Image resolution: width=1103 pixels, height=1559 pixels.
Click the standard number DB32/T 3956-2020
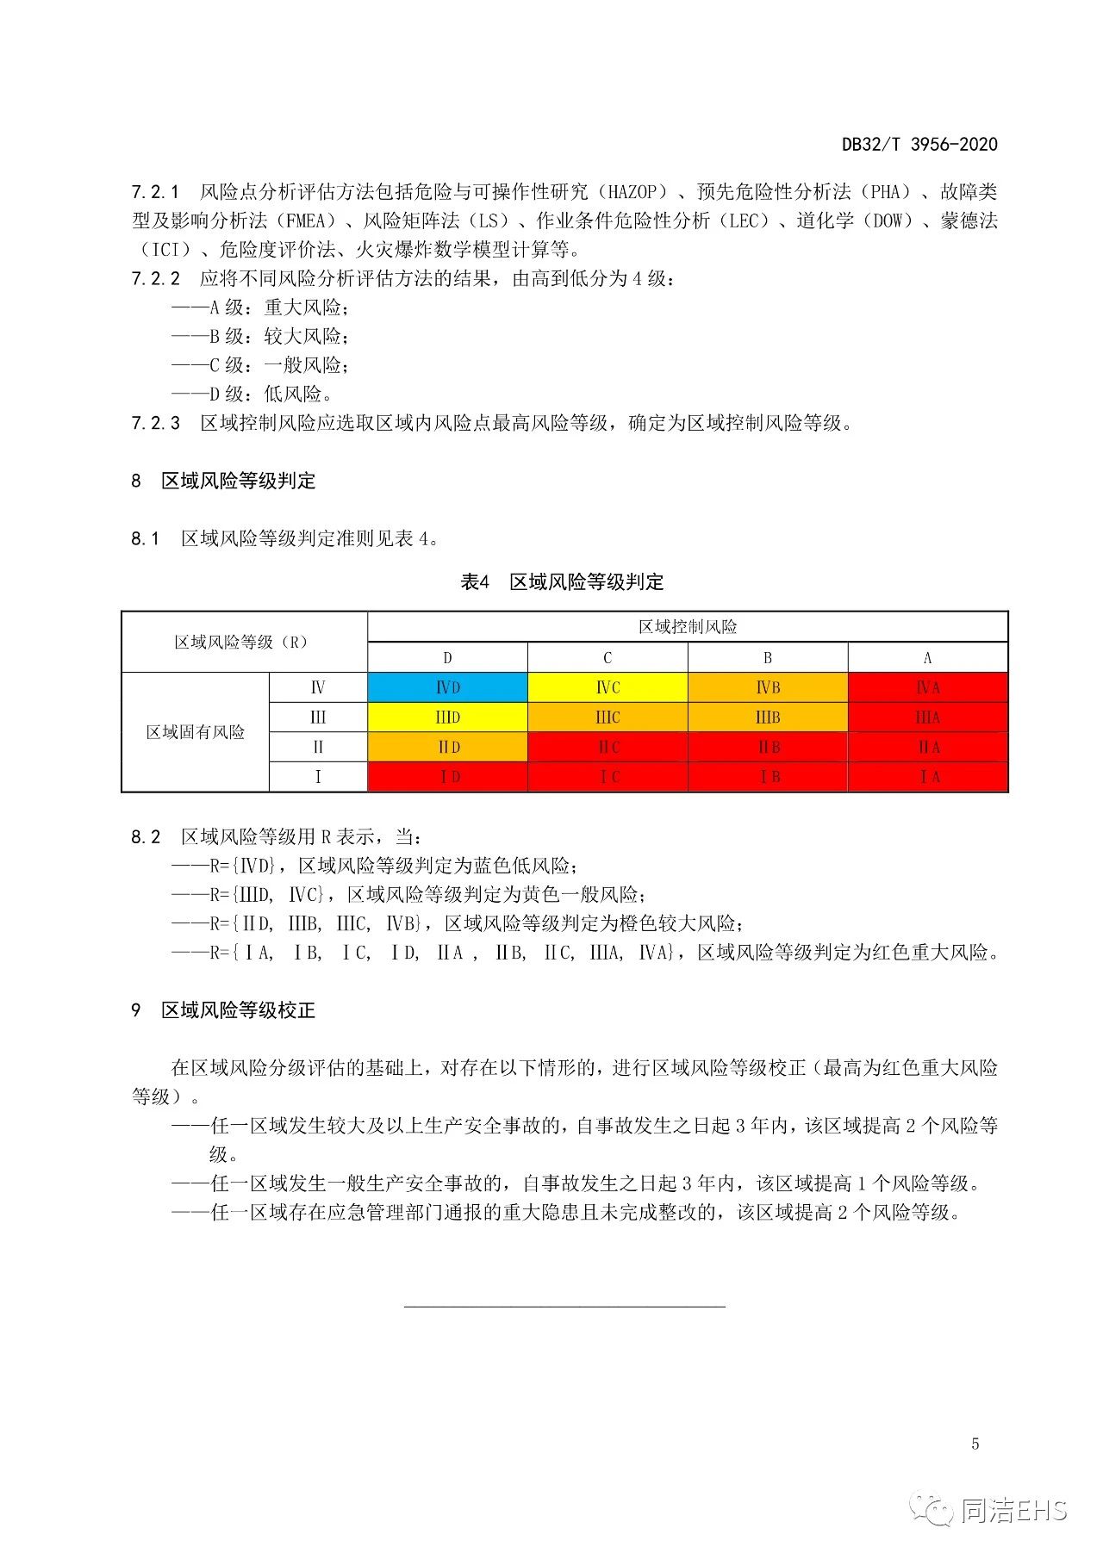coord(919,144)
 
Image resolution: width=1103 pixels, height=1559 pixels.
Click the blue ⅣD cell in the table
coord(447,687)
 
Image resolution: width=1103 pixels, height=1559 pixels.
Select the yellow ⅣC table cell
coord(608,687)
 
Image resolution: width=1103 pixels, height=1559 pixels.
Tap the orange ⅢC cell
coord(608,717)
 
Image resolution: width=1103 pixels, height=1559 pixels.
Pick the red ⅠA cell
coord(928,777)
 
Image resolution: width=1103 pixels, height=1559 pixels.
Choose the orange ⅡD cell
coord(447,748)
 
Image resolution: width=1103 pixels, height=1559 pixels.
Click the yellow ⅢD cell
coord(447,717)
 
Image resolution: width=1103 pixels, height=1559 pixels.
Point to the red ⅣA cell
coord(928,687)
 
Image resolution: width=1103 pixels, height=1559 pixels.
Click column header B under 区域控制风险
coord(768,658)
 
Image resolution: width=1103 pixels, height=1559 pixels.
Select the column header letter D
coord(447,658)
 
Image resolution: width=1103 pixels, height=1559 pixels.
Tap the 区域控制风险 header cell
coord(688,627)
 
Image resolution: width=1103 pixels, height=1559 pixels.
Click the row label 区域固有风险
coord(196,732)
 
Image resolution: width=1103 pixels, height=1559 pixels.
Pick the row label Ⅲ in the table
coord(318,717)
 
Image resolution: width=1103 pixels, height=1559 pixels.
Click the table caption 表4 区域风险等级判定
coord(562,582)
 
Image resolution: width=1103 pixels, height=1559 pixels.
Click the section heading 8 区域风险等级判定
coord(224,481)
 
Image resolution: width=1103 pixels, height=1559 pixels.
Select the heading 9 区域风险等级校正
coord(224,1009)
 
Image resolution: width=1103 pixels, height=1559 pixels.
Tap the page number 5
coord(975,1444)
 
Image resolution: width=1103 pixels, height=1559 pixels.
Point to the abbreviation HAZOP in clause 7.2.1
coord(632,191)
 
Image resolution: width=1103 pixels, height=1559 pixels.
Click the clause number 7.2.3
coord(156,423)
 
